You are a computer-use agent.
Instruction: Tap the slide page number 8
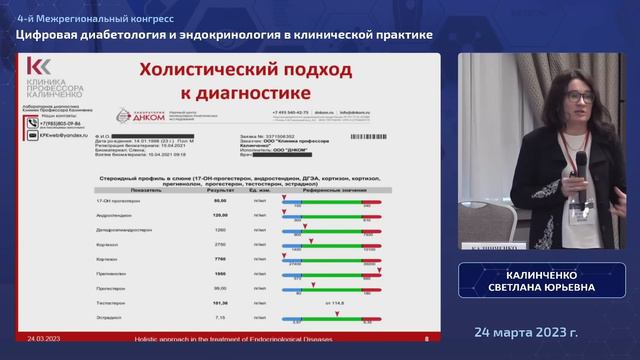tap(427, 339)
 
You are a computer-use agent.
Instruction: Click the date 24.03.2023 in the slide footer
tap(44, 339)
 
